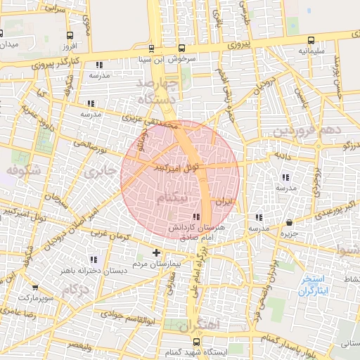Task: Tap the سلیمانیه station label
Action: pos(311,51)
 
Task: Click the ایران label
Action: pos(223,202)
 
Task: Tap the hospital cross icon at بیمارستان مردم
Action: pos(156,252)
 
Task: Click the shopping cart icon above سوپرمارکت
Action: pos(35,288)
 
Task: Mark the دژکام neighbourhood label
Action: pos(75,290)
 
